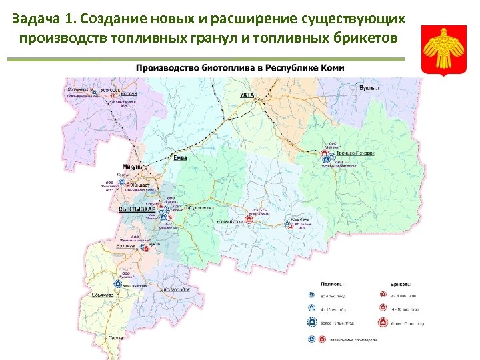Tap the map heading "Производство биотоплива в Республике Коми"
[x=240, y=68]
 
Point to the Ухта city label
[x=247, y=95]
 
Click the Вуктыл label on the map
[x=369, y=88]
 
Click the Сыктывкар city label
[x=136, y=209]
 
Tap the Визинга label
[x=127, y=246]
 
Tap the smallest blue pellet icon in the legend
[x=311, y=294]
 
